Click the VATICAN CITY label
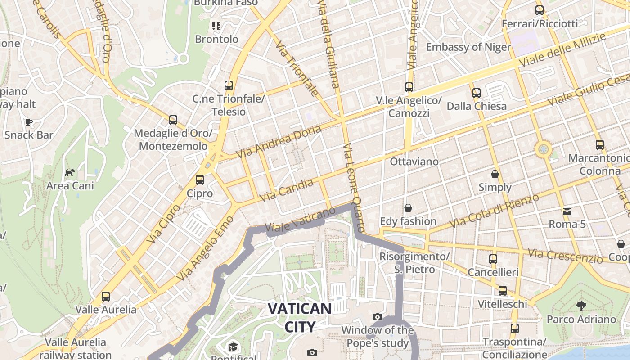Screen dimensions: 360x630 (x=300, y=317)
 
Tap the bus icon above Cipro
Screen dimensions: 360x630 (x=200, y=180)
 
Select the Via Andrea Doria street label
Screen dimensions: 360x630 (x=279, y=141)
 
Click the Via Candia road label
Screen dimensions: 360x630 (x=287, y=190)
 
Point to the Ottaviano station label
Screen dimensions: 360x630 (x=414, y=161)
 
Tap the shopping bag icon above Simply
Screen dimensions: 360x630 (x=495, y=174)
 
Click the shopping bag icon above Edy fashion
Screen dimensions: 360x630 (x=408, y=208)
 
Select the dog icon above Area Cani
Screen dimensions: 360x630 (x=70, y=172)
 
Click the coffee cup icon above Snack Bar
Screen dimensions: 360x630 (x=29, y=122)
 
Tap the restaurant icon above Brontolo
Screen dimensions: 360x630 (x=217, y=26)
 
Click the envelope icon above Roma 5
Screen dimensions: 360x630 (x=567, y=211)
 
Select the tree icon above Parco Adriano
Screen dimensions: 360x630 (x=581, y=306)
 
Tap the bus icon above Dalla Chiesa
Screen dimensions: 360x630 (x=477, y=93)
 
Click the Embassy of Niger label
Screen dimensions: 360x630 (x=468, y=47)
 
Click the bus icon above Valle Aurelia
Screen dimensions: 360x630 (x=106, y=297)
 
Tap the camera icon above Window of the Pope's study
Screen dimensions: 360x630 (x=378, y=317)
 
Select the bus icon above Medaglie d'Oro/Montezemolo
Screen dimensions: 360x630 (x=173, y=120)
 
